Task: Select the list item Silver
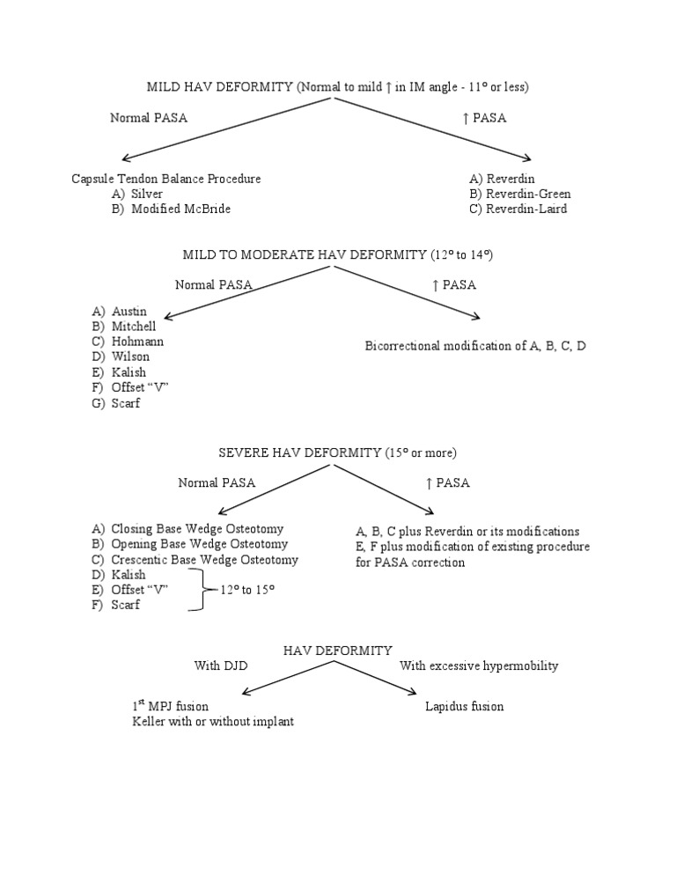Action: click(x=146, y=194)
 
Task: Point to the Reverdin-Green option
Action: click(x=519, y=194)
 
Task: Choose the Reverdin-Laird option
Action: click(x=518, y=209)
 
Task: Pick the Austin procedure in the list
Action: click(x=129, y=312)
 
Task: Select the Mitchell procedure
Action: click(x=133, y=327)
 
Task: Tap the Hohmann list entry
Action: click(x=137, y=342)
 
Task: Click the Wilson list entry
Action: click(x=130, y=357)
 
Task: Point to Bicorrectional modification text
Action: click(x=475, y=346)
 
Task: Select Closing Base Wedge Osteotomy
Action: click(x=197, y=529)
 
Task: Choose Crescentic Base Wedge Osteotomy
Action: click(x=204, y=560)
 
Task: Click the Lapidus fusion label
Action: click(x=464, y=707)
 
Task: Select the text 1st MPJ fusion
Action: click(x=170, y=706)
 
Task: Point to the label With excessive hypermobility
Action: click(x=479, y=665)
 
